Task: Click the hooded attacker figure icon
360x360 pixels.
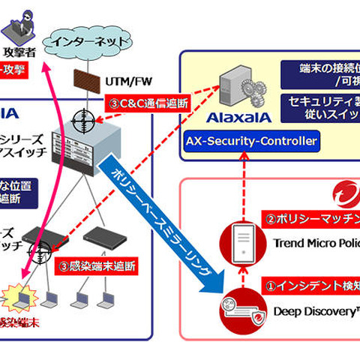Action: pyautogui.click(x=17, y=31)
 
